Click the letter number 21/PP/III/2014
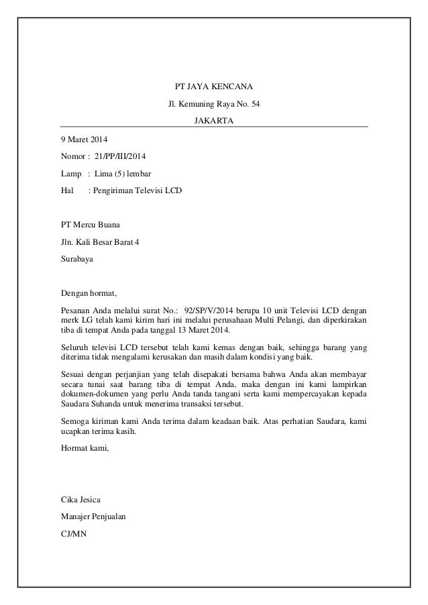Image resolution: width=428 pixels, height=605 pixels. [x=123, y=156]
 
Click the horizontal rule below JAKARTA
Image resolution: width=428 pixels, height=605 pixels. [x=214, y=127]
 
